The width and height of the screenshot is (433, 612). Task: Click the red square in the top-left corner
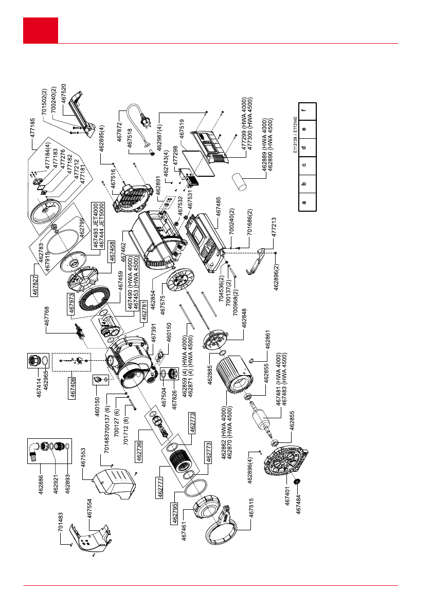[x=40, y=30]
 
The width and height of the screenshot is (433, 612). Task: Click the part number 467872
[x=119, y=133]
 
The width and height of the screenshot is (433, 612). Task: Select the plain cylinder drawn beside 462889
[x=240, y=183]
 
